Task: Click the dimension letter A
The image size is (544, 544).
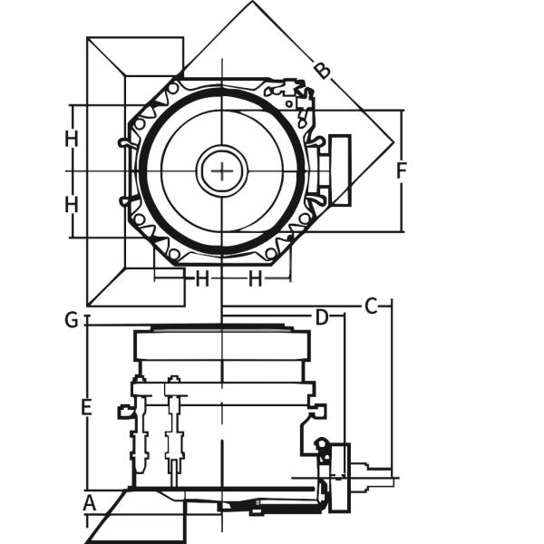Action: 89,502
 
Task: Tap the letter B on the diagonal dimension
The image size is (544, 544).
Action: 321,71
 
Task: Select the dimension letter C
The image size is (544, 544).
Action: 370,306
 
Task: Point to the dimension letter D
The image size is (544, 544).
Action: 321,317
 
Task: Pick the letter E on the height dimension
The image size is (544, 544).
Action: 86,408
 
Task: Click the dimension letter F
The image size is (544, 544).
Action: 403,170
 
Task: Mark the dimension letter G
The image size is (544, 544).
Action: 71,319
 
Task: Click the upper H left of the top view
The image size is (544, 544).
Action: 72,139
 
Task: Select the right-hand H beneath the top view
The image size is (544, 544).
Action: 256,279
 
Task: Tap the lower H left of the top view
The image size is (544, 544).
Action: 72,205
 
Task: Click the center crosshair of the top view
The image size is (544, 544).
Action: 221,170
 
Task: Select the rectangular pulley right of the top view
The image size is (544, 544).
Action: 340,170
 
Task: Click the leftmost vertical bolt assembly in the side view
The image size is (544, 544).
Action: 139,426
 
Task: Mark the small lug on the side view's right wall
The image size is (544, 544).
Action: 316,411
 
